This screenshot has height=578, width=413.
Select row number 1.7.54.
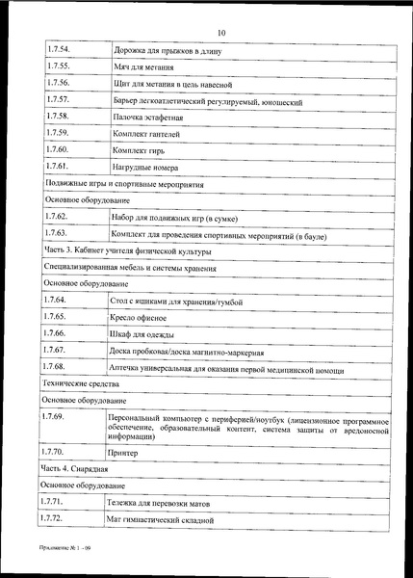(x=59, y=48)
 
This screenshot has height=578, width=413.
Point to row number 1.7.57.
(x=59, y=100)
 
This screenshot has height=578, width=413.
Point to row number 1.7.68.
(x=59, y=367)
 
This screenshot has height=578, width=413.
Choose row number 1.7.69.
(x=59, y=415)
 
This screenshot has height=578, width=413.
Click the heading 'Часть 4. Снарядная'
(x=80, y=468)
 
